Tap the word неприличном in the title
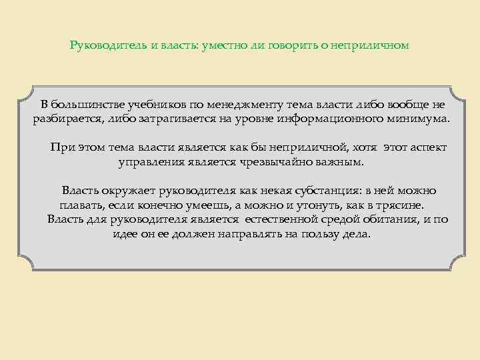point(373,46)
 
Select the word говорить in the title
point(297,46)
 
